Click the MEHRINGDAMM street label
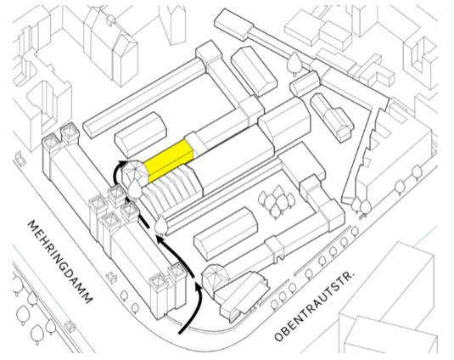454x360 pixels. (x=60, y=262)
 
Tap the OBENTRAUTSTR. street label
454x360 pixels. (x=314, y=307)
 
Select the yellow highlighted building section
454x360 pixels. (x=169, y=160)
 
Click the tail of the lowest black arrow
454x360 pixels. (x=180, y=333)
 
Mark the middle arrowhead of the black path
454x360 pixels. (x=159, y=239)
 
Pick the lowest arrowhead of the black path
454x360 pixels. (x=198, y=288)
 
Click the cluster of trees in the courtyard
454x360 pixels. (x=276, y=201)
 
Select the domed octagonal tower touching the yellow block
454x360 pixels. (x=135, y=172)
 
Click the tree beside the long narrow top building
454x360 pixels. (x=294, y=63)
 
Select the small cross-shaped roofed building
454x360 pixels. (x=332, y=117)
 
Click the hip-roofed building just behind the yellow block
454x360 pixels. (x=141, y=134)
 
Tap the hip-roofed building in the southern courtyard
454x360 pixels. (x=226, y=233)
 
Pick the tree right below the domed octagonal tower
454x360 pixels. (x=134, y=188)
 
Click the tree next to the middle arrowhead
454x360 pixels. (x=161, y=225)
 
